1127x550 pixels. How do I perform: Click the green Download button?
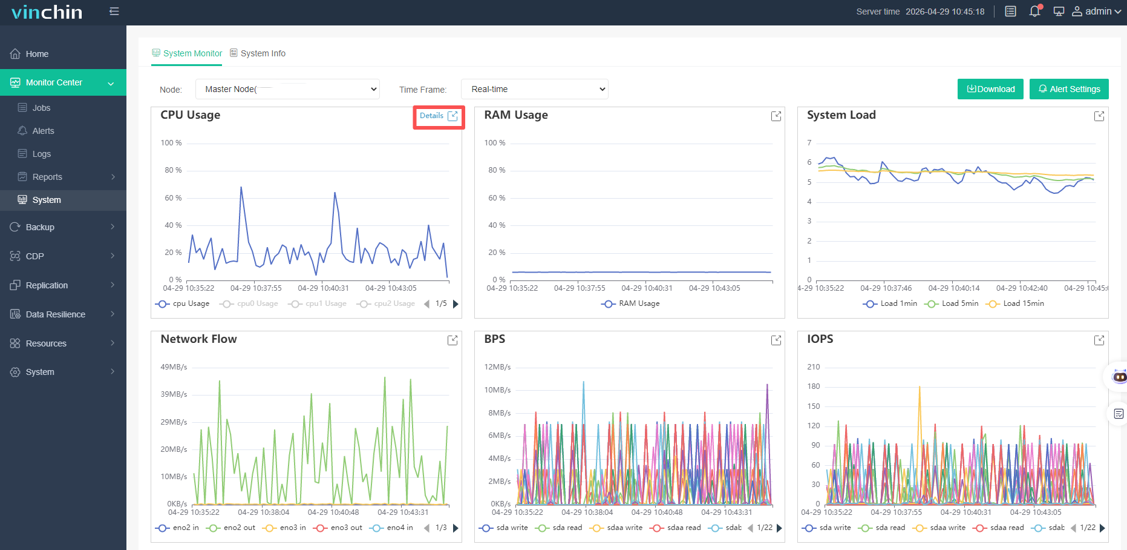point(990,89)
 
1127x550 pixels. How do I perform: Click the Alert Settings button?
point(1069,89)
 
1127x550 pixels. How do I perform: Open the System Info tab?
point(258,53)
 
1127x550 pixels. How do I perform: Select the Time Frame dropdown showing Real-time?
point(535,89)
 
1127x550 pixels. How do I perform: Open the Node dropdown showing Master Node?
point(287,89)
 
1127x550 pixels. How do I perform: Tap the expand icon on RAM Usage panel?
point(776,116)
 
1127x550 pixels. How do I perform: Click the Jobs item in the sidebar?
point(41,108)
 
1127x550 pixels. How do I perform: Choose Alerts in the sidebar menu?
point(43,131)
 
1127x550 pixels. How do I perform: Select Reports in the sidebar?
point(47,177)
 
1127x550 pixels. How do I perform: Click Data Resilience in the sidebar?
point(56,314)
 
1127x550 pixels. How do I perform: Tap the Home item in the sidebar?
point(37,54)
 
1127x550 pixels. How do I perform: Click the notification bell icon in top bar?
point(1035,12)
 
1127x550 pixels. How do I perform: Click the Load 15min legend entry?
point(1015,303)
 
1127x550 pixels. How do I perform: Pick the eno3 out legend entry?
point(338,528)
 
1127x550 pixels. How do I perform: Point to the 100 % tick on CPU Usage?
point(171,143)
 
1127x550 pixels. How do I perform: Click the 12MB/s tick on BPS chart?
point(497,367)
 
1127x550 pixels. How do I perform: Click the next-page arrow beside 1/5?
point(456,303)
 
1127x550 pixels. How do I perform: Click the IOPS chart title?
point(820,339)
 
